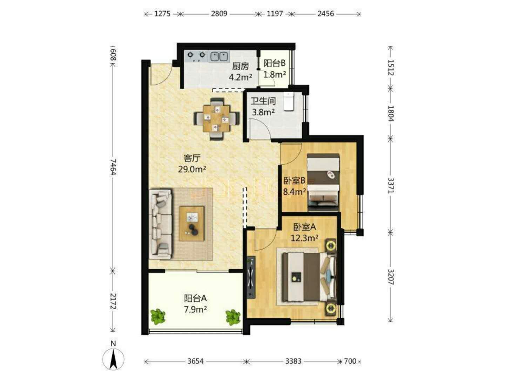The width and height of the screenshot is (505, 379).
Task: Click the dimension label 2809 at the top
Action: point(219,14)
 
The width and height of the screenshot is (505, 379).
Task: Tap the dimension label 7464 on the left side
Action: point(113,167)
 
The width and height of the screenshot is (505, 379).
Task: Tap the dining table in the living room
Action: point(216,119)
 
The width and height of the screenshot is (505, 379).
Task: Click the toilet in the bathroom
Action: point(289,101)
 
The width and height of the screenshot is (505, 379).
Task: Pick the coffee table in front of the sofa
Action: point(191,224)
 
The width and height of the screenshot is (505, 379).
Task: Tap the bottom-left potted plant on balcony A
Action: point(158,317)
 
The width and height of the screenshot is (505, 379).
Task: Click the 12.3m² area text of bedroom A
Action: point(304,238)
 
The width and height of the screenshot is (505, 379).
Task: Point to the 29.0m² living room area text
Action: point(192,169)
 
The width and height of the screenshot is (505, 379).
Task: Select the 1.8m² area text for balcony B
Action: point(275,74)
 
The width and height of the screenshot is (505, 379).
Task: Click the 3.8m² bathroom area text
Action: point(263,112)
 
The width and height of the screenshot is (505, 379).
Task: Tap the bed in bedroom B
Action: point(323,182)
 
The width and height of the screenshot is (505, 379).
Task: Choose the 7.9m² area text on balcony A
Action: point(195,310)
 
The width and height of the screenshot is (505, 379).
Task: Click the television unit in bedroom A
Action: point(251,278)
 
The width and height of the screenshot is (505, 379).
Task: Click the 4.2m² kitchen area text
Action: point(241,77)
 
